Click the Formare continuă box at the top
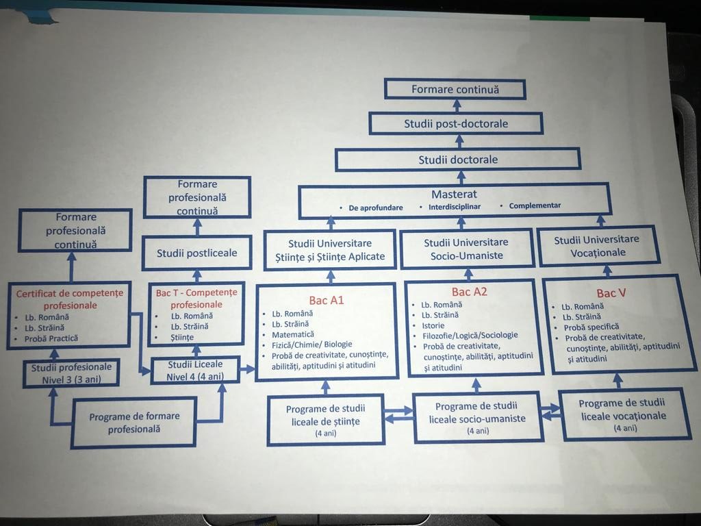(x=455, y=90)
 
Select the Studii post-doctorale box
(x=456, y=123)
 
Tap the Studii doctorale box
(x=458, y=160)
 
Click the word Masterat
(x=454, y=194)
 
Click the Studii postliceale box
(x=196, y=253)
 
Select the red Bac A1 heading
(x=327, y=300)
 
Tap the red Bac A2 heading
(x=469, y=292)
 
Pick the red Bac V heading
(x=611, y=293)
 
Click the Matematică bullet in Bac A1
(x=293, y=334)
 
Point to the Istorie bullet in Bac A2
(x=433, y=325)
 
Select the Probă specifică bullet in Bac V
(x=591, y=327)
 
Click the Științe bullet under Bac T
(x=182, y=337)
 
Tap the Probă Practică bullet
(x=51, y=338)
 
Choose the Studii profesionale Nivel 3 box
(x=71, y=373)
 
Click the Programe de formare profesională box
(x=134, y=422)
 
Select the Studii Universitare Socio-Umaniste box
(x=466, y=249)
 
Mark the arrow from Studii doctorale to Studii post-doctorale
(x=459, y=141)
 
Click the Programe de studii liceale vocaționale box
(x=624, y=414)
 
